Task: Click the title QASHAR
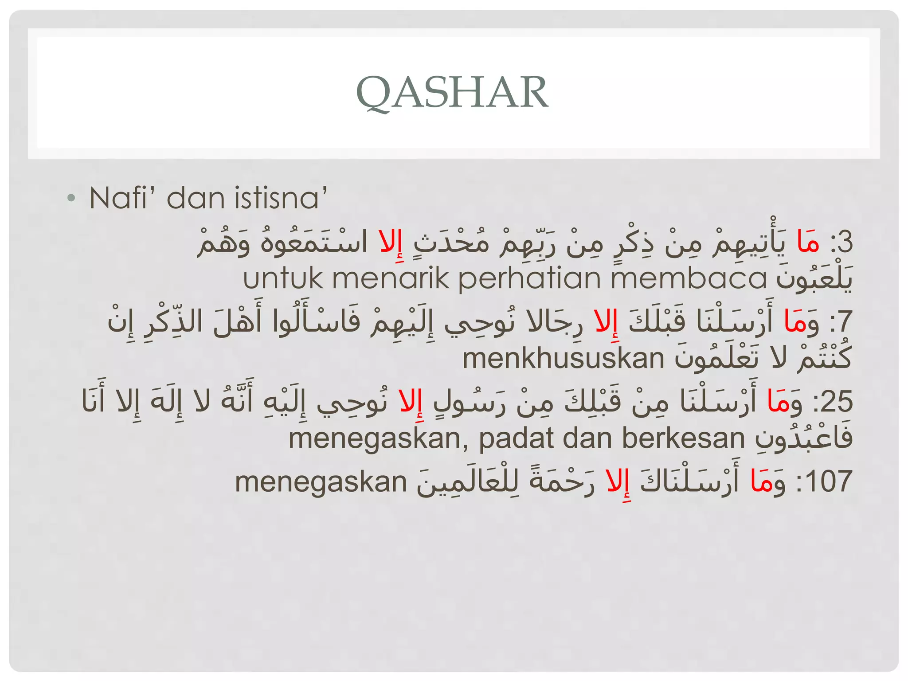(x=452, y=92)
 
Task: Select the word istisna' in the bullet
(x=281, y=198)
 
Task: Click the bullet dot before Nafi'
(x=71, y=198)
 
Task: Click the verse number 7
(x=845, y=322)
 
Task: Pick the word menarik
(x=391, y=278)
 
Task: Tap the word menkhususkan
(x=563, y=358)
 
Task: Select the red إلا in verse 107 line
(x=618, y=482)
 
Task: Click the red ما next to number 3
(x=807, y=242)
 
